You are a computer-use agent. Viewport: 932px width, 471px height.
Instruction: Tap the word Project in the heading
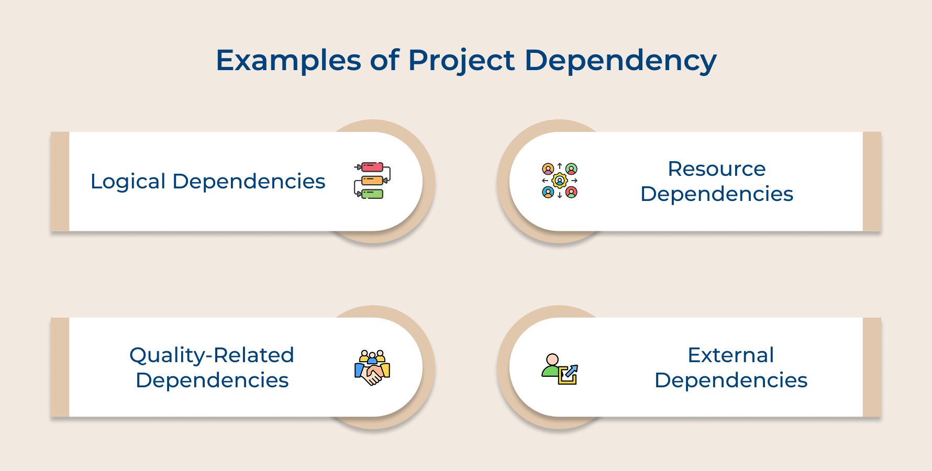coord(461,60)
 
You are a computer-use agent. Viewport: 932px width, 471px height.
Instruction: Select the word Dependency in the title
coord(620,60)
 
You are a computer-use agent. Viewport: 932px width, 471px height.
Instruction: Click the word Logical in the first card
coord(128,182)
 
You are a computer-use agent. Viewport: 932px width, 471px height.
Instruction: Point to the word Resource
coord(716,169)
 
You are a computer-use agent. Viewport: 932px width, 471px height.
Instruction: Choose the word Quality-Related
coord(212,355)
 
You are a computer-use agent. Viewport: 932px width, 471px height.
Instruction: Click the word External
coord(730,355)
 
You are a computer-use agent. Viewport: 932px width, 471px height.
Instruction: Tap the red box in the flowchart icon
coord(372,167)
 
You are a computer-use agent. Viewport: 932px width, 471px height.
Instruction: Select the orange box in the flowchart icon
coord(372,181)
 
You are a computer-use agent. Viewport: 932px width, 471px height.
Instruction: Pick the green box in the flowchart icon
coord(372,194)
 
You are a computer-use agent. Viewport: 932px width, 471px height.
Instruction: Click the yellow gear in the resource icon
coord(560,181)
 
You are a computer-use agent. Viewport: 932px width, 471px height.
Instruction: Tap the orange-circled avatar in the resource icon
coord(548,169)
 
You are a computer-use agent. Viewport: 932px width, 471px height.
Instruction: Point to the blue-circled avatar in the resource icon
coord(548,193)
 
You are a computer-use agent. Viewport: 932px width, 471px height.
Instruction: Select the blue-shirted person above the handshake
coord(372,358)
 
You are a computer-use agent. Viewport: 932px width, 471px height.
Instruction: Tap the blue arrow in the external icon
coord(570,373)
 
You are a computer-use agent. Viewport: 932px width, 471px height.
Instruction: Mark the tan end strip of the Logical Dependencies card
coord(60,182)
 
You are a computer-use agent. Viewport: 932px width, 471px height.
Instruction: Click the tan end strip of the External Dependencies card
coord(872,367)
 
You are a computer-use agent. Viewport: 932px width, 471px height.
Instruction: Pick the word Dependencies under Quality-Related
coord(212,380)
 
